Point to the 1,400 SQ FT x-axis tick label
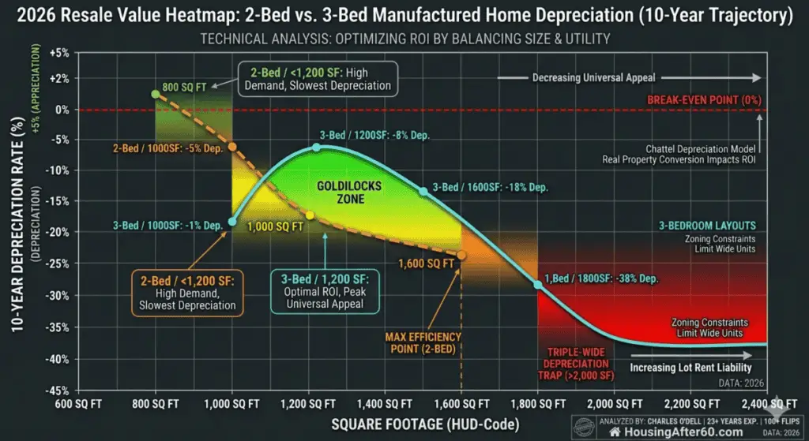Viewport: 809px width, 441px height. [x=384, y=402]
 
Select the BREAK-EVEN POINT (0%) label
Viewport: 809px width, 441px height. [x=702, y=99]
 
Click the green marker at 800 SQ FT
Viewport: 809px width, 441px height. [x=155, y=94]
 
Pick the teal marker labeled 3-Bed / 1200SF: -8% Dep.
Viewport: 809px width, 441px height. [x=317, y=147]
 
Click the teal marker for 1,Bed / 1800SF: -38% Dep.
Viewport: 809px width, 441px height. [x=539, y=284]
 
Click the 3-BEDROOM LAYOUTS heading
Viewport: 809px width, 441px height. [x=707, y=225]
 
